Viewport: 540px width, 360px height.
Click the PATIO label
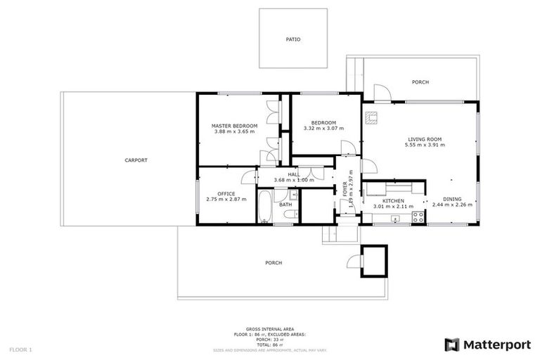tap(293, 39)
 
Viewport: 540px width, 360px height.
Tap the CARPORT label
tap(136, 160)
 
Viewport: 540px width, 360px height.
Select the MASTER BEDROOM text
tap(235, 126)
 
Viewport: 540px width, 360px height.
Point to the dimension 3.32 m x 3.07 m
tap(323, 129)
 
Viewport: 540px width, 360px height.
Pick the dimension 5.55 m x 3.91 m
tap(424, 146)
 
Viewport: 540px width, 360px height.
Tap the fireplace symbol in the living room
tap(371, 118)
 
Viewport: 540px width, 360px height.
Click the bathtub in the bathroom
tap(264, 207)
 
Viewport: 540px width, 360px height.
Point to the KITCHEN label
tap(393, 200)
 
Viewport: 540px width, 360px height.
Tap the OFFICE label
tap(226, 193)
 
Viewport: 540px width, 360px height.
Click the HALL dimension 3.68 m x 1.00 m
tap(293, 180)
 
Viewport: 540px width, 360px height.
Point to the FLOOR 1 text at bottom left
tap(21, 349)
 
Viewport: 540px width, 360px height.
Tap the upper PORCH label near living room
tap(420, 82)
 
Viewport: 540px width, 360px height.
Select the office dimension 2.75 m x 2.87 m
tap(226, 200)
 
